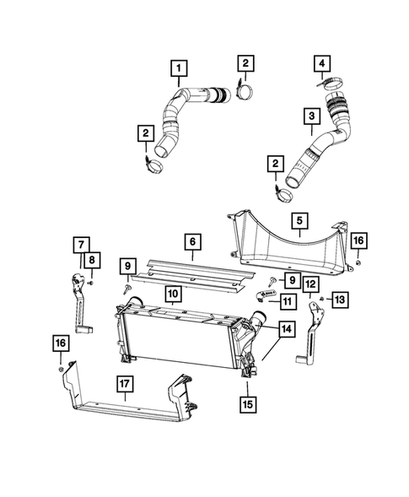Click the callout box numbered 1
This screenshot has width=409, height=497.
[180, 68]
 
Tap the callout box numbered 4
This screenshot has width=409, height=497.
[321, 62]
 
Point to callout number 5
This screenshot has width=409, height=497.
[299, 222]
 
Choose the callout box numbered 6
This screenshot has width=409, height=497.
[193, 242]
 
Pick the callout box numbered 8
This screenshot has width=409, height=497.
[92, 260]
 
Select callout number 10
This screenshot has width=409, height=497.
[173, 294]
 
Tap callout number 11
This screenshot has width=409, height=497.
[288, 301]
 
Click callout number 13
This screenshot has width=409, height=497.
[341, 301]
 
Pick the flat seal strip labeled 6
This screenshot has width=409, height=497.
[194, 272]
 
